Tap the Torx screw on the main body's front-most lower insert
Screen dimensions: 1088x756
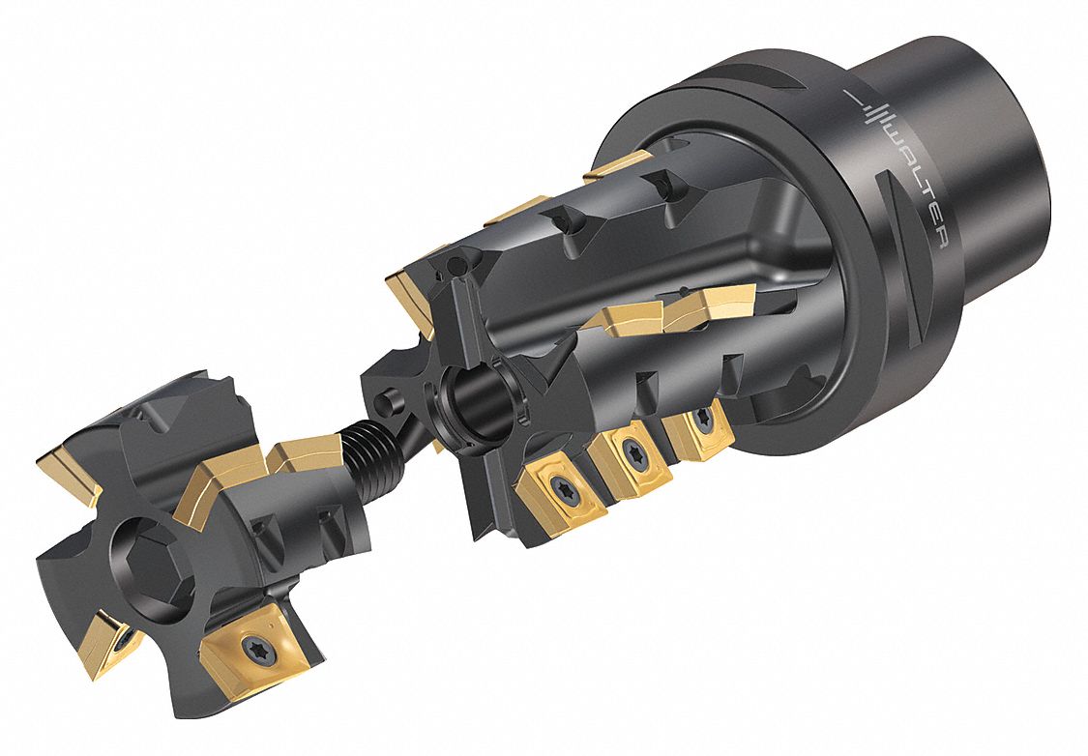click(558, 483)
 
